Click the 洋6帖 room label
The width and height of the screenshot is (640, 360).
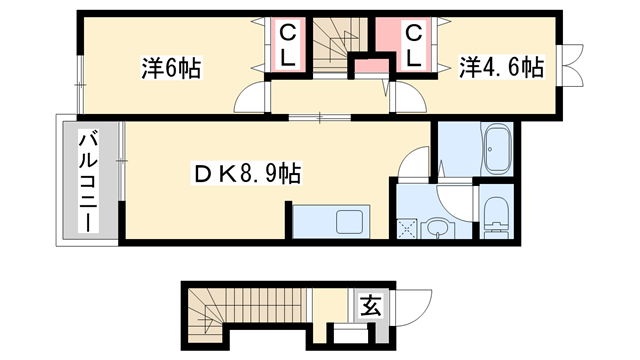[x=171, y=69]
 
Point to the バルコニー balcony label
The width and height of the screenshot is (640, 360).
[x=87, y=181]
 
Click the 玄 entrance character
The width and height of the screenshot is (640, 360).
[x=369, y=304]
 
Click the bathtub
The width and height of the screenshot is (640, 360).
[x=497, y=151]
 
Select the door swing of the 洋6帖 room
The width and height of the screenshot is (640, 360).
[x=253, y=99]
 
